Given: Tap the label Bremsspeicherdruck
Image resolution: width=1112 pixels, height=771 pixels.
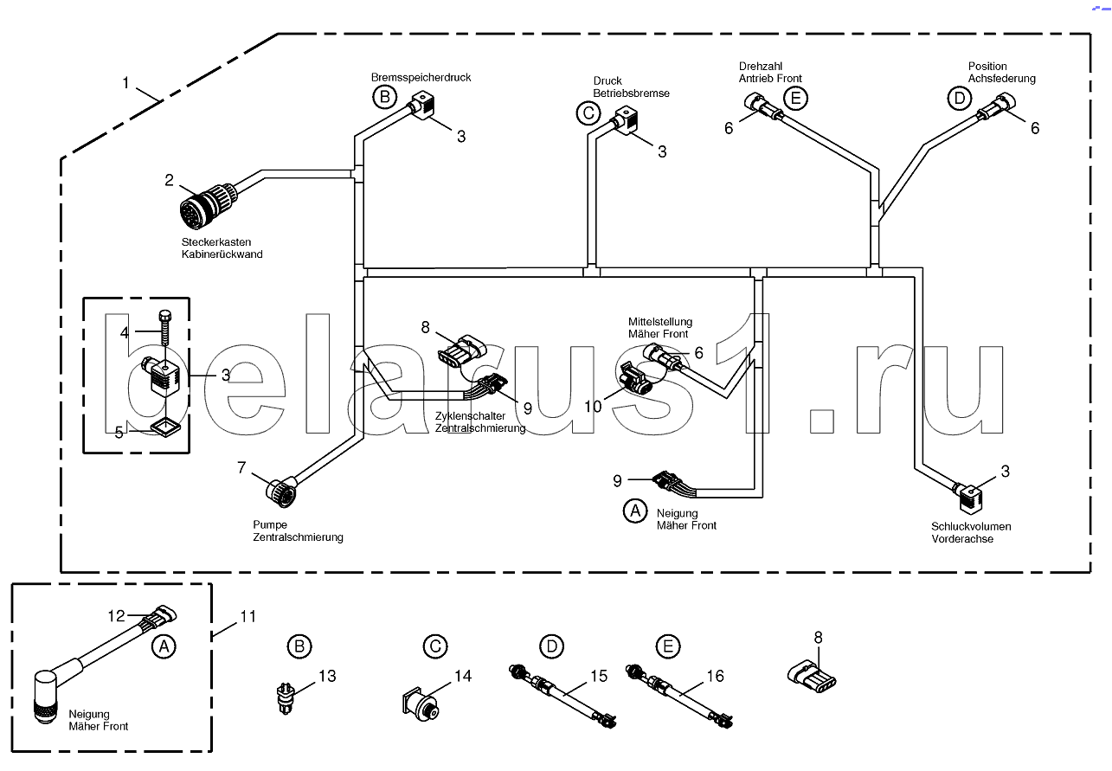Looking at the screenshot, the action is click(421, 78).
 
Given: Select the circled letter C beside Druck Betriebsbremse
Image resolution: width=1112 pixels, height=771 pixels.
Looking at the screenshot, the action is click(588, 113).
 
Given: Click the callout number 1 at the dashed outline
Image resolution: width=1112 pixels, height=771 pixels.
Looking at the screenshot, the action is click(125, 82).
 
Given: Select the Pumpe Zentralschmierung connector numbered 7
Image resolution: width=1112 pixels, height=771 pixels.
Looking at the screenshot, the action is click(281, 491).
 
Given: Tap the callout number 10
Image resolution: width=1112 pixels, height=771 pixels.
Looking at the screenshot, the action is click(593, 407).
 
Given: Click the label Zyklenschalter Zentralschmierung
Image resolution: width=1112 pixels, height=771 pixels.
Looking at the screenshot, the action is click(480, 422).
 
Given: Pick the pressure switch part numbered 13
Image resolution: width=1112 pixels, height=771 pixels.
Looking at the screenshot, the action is click(286, 697).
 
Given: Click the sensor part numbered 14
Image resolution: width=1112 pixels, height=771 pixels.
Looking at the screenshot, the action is click(420, 704).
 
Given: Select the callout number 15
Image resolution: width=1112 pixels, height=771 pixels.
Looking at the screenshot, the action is click(599, 676).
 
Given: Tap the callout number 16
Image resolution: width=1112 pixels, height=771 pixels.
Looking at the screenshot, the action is click(716, 676).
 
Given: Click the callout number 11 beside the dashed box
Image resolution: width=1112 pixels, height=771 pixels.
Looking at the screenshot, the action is click(247, 617).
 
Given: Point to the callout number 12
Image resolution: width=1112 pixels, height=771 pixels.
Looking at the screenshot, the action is click(116, 616).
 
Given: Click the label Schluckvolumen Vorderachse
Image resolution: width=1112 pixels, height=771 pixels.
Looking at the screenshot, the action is click(971, 533).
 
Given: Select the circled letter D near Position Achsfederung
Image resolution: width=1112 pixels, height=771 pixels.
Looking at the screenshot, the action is click(960, 99).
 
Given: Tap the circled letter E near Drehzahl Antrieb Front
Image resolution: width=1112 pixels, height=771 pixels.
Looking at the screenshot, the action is click(795, 99).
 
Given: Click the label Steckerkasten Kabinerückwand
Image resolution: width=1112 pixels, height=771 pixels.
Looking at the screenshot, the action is click(222, 248).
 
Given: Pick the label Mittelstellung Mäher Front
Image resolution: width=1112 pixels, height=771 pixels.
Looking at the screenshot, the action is click(660, 328).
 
